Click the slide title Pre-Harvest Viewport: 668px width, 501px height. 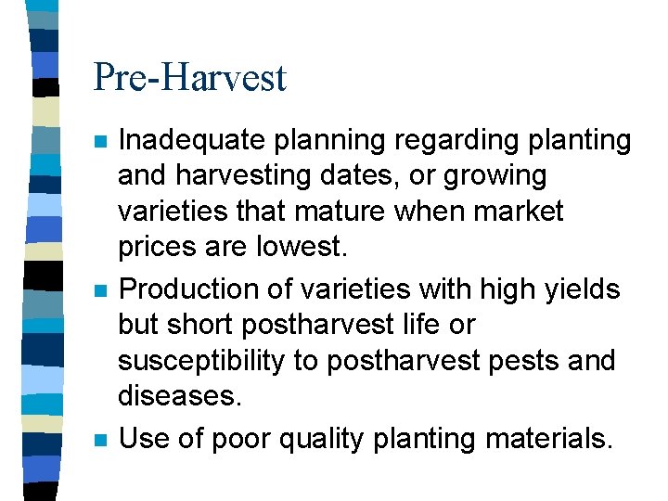[190, 77]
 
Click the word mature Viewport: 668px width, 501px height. [341, 212]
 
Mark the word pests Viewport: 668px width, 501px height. [513, 361]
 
